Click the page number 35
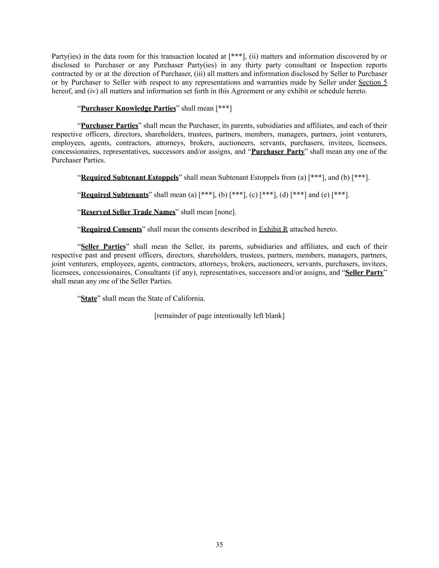click(219, 545)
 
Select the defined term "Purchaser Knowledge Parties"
click(128, 108)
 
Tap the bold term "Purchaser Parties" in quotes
click(109, 126)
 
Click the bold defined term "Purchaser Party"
click(278, 151)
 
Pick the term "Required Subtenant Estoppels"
click(129, 178)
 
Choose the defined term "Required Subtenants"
click(114, 195)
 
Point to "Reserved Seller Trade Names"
click(128, 212)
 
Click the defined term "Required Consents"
click(111, 229)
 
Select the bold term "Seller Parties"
click(103, 247)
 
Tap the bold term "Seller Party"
click(364, 273)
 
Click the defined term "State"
click(89, 298)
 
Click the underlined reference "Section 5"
click(372, 82)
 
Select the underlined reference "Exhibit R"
click(273, 229)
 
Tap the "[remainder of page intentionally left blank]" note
click(219, 316)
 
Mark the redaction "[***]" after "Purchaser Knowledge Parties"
click(223, 108)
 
